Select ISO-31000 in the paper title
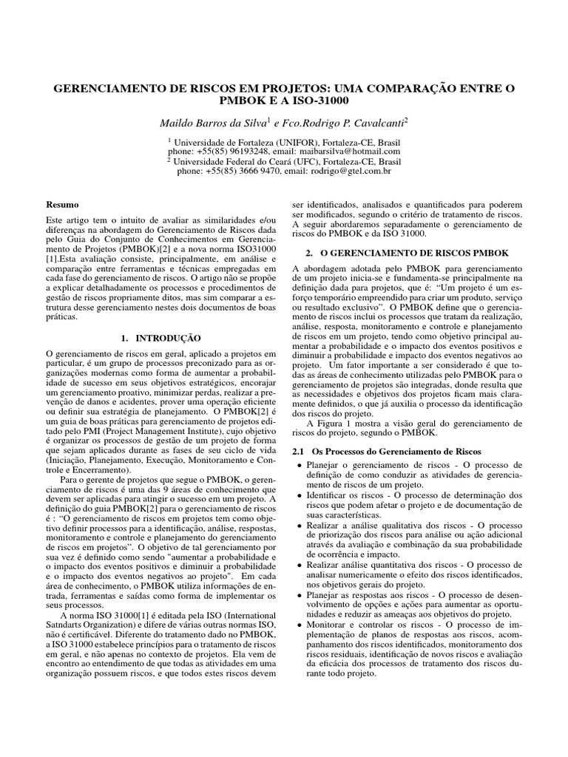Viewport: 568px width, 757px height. pos(319,101)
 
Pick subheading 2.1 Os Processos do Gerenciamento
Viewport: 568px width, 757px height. pos(388,451)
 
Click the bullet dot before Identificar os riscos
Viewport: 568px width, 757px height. pos(300,495)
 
